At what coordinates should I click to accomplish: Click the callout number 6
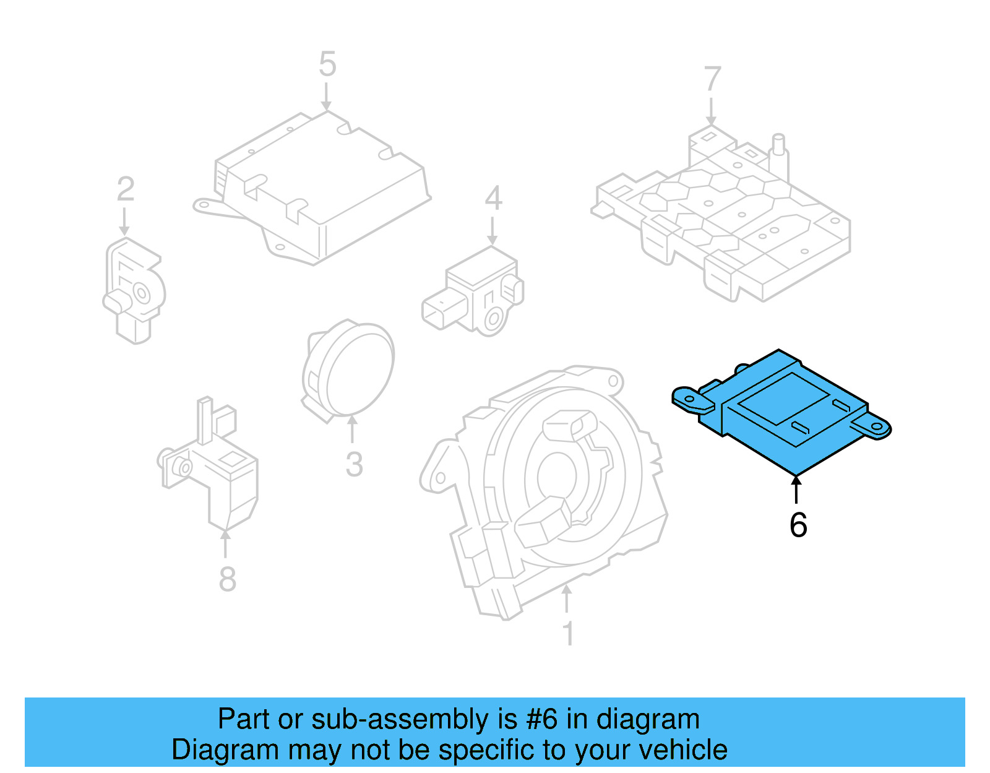click(x=798, y=525)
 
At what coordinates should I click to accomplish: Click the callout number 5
click(x=327, y=64)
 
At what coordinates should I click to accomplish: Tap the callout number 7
click(x=712, y=80)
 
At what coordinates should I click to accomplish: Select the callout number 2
click(x=126, y=189)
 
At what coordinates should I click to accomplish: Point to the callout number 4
click(x=493, y=199)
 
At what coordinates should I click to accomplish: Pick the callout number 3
click(x=354, y=464)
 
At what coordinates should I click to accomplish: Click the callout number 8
click(x=227, y=579)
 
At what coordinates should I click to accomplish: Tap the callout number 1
click(x=568, y=634)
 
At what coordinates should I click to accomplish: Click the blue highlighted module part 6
click(x=786, y=412)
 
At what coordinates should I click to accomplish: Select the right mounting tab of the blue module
click(x=872, y=426)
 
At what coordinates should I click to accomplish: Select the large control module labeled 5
click(x=316, y=186)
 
